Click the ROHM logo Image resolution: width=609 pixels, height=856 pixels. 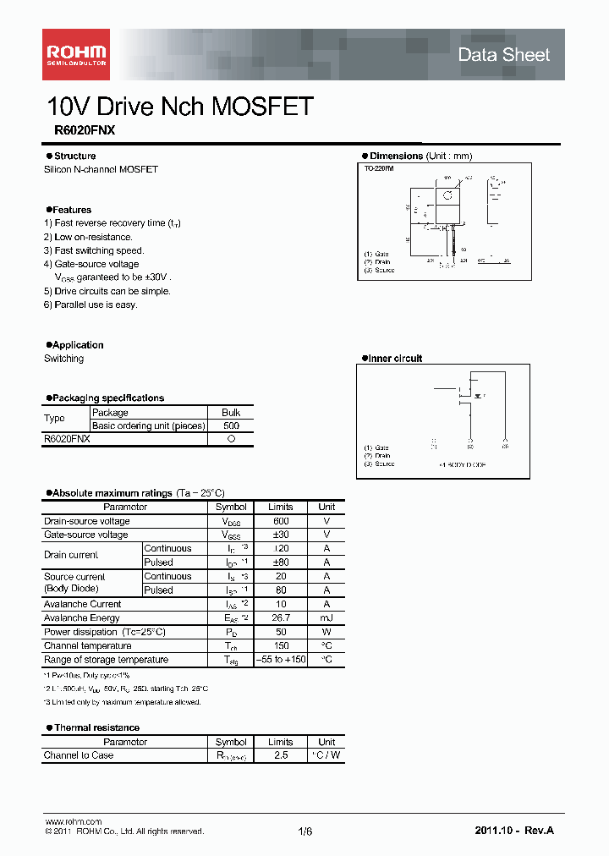[75, 54]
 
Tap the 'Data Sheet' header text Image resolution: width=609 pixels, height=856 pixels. [503, 55]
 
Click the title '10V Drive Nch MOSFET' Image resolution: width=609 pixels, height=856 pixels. [180, 107]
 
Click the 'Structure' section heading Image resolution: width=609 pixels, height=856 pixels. [74, 156]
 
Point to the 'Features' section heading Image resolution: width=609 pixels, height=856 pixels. [71, 210]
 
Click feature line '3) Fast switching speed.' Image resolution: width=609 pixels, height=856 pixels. [94, 250]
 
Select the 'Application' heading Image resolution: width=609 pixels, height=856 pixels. [77, 345]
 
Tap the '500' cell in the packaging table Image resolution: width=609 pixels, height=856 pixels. [231, 425]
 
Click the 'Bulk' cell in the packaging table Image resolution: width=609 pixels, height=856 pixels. [231, 413]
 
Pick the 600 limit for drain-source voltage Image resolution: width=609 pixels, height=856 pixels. [281, 521]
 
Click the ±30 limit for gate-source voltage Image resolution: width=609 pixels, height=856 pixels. [281, 535]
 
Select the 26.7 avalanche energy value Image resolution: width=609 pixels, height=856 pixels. [281, 617]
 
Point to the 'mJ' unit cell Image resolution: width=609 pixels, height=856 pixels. [326, 617]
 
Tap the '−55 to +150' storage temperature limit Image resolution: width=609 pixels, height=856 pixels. [281, 660]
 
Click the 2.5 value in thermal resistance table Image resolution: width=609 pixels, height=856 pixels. [281, 755]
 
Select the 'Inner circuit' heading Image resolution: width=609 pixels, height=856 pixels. [395, 359]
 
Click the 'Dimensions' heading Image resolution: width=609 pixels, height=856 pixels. [396, 156]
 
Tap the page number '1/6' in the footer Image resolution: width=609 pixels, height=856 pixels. [305, 831]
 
